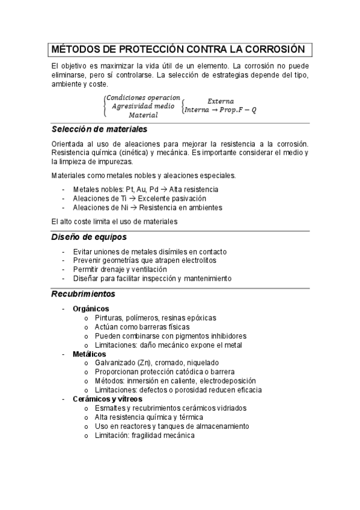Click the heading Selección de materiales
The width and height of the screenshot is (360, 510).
click(99, 129)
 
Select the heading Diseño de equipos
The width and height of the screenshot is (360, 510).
click(88, 237)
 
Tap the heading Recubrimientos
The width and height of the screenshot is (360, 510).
click(83, 294)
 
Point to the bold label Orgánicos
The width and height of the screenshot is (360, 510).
click(91, 308)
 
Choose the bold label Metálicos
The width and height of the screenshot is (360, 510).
click(89, 354)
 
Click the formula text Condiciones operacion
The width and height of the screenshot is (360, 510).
click(143, 97)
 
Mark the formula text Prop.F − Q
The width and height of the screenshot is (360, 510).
click(240, 110)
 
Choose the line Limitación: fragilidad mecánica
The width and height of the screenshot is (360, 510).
click(144, 435)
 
